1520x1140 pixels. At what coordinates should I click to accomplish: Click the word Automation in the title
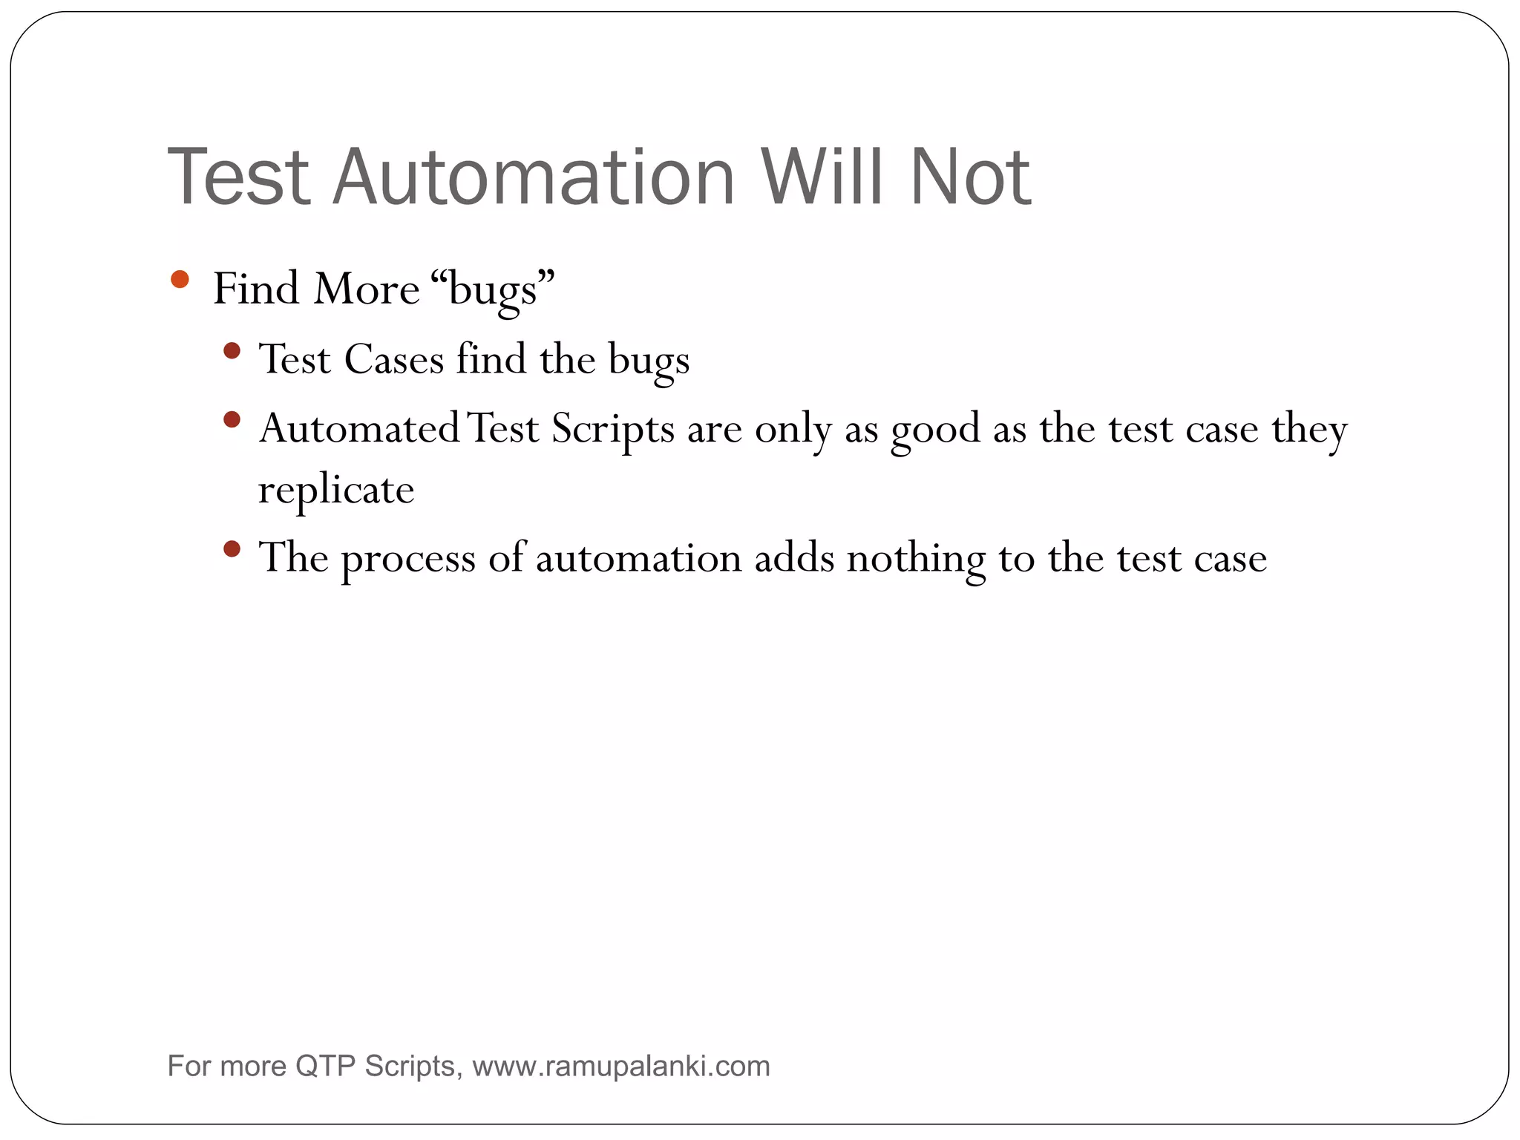[534, 177]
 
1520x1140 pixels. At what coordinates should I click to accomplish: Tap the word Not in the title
[970, 177]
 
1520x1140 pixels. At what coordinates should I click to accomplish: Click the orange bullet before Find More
[180, 279]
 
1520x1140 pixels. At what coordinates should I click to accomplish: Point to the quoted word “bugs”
[492, 289]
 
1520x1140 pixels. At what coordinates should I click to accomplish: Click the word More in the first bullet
[366, 289]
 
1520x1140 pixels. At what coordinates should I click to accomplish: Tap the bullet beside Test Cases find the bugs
[232, 350]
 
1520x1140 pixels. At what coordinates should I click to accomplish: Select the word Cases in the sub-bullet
[393, 360]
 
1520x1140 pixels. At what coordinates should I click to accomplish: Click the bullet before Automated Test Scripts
[232, 419]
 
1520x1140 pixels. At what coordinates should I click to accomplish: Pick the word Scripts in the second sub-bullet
[612, 430]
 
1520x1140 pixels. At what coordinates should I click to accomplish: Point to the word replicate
[335, 491]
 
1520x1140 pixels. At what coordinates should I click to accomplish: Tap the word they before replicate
[1309, 430]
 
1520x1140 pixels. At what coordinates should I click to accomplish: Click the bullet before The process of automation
[232, 549]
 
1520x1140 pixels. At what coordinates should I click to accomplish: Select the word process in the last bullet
[407, 560]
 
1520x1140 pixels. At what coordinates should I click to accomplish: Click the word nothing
[916, 559]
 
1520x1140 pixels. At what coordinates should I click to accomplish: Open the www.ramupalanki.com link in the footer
[621, 1067]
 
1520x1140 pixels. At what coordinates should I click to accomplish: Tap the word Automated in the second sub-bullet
[359, 430]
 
